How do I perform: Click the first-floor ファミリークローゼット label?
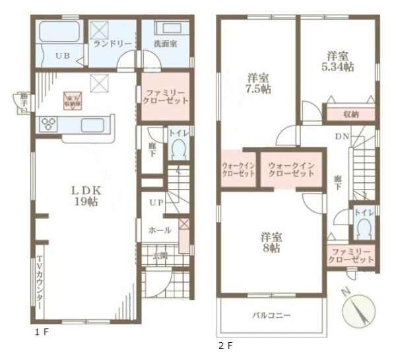pyautogui.click(x=165, y=96)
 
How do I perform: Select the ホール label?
pyautogui.click(x=160, y=231)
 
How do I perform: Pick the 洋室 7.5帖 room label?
pyautogui.click(x=259, y=83)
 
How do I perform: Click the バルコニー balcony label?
pyautogui.click(x=271, y=315)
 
